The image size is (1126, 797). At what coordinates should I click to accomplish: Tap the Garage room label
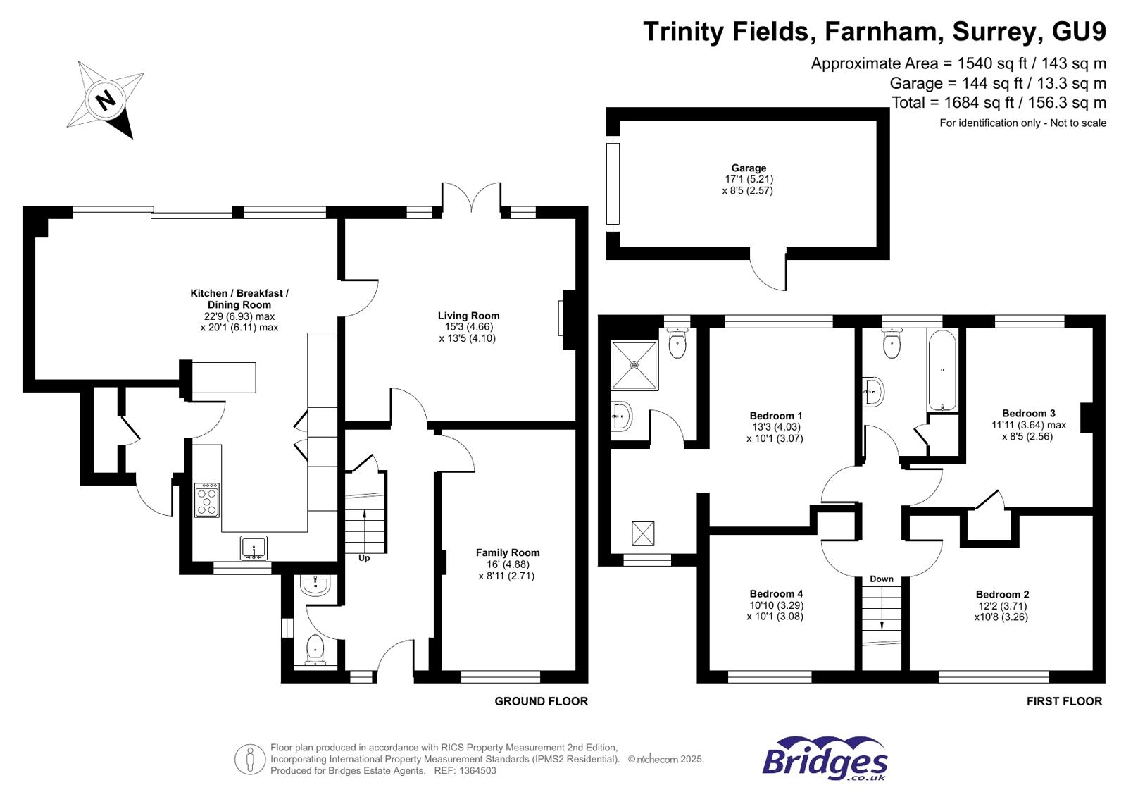pos(748,168)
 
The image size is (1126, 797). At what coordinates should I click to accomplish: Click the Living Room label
pos(468,316)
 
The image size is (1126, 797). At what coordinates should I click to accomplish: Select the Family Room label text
pos(507,552)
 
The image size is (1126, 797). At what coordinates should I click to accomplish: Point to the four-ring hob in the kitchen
pos(207,500)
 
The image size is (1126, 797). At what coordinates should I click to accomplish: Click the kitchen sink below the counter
pos(254,548)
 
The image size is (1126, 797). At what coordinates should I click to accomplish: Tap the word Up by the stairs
pos(364,558)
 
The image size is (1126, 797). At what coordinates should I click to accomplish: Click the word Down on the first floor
pos(881,579)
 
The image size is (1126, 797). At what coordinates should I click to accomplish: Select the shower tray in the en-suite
pos(634,365)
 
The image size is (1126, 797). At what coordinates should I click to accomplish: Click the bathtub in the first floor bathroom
pos(942,371)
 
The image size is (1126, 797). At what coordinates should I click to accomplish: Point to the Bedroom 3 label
pos(1028,413)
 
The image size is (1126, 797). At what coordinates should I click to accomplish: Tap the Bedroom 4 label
pos(776,593)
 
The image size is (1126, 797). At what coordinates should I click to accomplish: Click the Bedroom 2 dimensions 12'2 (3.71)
pos(1002,605)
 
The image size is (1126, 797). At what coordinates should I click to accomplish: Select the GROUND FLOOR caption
pos(541,701)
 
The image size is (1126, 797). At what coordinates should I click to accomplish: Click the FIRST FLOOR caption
pos(1063,701)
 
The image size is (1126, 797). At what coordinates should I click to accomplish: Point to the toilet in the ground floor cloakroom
pos(315,648)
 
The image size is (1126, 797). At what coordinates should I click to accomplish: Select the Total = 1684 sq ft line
pos(999,103)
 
